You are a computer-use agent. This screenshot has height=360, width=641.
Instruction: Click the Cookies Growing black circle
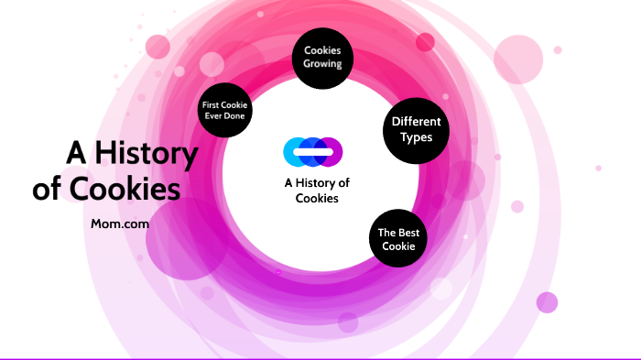(x=322, y=58)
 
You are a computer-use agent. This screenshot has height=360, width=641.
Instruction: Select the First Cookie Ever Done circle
(x=225, y=110)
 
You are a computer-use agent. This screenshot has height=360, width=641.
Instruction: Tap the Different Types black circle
(x=416, y=131)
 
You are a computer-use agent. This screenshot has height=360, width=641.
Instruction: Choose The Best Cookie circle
(x=398, y=238)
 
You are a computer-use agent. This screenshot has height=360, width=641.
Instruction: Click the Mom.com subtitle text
(x=120, y=224)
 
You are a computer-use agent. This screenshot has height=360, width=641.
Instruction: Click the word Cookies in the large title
(x=125, y=189)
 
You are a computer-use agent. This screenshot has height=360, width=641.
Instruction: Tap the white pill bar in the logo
(x=313, y=152)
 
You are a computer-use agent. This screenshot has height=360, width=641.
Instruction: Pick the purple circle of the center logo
(x=333, y=152)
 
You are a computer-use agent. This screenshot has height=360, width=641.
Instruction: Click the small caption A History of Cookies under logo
(x=317, y=191)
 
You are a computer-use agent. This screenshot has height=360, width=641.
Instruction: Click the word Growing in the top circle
(x=322, y=64)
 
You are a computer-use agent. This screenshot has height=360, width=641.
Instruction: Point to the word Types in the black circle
(x=416, y=138)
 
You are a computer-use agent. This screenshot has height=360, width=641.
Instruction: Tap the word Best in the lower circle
(x=407, y=233)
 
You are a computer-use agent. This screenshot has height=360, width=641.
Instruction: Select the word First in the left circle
(x=211, y=105)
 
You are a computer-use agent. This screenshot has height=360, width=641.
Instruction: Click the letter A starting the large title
(x=76, y=153)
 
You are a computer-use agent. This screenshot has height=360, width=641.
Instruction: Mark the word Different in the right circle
(x=416, y=122)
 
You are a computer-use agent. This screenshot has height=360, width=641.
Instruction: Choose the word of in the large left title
(x=47, y=188)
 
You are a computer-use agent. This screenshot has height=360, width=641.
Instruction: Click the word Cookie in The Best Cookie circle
(x=398, y=246)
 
